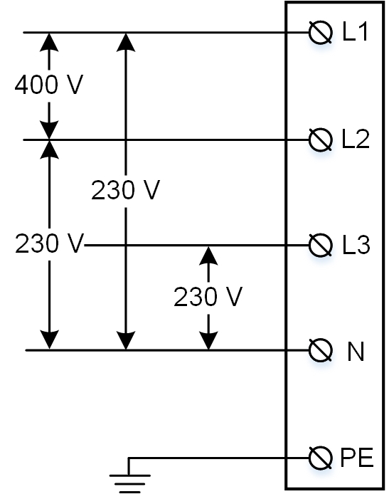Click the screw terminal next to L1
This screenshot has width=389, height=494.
(320, 33)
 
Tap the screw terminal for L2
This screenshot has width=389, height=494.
(320, 140)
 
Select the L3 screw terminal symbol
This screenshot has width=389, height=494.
(320, 245)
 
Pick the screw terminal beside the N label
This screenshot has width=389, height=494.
(320, 350)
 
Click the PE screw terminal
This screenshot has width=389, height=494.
(320, 458)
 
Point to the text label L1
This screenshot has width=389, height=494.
(355, 32)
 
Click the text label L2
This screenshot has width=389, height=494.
(356, 140)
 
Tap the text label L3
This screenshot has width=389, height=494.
(356, 245)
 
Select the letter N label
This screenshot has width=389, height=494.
(356, 352)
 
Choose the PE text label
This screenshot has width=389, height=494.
(357, 457)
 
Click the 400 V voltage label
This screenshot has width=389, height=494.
(49, 85)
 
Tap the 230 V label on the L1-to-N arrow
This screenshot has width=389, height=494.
(126, 190)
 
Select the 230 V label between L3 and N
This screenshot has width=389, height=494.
(208, 297)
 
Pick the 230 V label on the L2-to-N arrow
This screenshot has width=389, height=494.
(49, 243)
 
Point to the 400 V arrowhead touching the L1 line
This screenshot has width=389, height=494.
(49, 42)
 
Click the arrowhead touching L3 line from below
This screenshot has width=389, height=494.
(208, 256)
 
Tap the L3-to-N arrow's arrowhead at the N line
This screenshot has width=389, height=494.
(208, 340)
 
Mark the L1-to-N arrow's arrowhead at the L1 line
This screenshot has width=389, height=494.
(126, 42)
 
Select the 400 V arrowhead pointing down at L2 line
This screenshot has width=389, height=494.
(49, 130)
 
